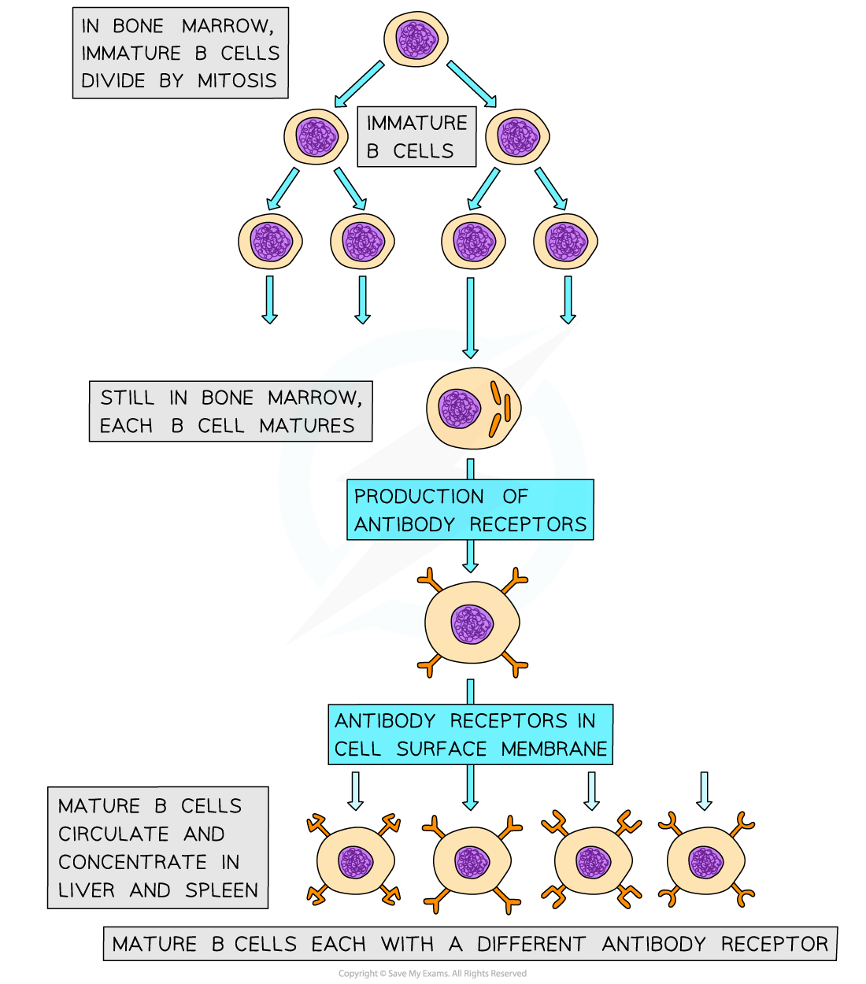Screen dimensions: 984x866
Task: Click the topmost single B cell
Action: [x=416, y=39]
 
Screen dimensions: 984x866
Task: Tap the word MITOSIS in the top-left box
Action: [x=237, y=81]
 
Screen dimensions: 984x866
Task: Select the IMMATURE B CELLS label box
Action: [x=416, y=137]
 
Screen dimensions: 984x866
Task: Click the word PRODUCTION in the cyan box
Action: [x=419, y=497]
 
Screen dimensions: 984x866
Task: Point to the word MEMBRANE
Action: [x=554, y=749]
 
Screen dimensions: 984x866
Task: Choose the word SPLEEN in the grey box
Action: [x=222, y=890]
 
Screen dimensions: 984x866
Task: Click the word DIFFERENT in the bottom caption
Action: [x=531, y=944]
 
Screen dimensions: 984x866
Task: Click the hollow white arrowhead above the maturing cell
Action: [x=470, y=352]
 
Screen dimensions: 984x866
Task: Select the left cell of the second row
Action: [x=316, y=137]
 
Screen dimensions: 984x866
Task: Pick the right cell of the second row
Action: [x=516, y=137]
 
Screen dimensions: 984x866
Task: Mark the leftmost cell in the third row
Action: [x=270, y=241]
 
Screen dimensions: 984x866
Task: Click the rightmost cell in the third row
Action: [x=565, y=241]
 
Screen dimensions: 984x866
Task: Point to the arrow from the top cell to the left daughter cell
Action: [x=359, y=84]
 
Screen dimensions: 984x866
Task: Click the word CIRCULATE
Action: [x=113, y=834]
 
